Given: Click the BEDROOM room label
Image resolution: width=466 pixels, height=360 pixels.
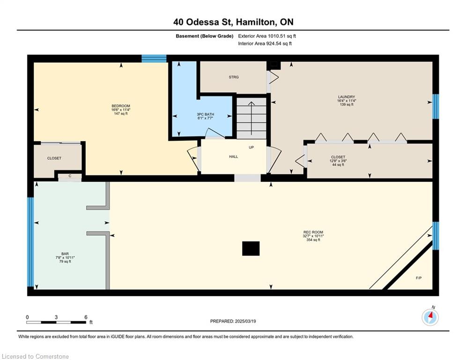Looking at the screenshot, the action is pyautogui.click(x=121, y=106).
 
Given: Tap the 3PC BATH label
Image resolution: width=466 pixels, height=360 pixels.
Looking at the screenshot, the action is pyautogui.click(x=205, y=114).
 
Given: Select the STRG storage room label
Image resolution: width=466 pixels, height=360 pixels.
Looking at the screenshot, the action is pyautogui.click(x=234, y=77).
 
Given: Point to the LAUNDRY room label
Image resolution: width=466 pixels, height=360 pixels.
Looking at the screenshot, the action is pyautogui.click(x=347, y=97).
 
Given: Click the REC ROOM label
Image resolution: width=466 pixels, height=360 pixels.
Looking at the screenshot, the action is pyautogui.click(x=313, y=232).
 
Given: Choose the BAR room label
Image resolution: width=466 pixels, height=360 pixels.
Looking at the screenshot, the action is pyautogui.click(x=65, y=254).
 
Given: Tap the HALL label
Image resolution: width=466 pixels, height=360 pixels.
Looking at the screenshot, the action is pyautogui.click(x=233, y=157).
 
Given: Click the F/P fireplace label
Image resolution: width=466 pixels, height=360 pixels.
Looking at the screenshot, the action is pyautogui.click(x=418, y=278).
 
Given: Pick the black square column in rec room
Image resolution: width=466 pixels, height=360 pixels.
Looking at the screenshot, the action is pyautogui.click(x=251, y=248).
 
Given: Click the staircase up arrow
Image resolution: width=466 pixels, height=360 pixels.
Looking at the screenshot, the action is pyautogui.click(x=251, y=118).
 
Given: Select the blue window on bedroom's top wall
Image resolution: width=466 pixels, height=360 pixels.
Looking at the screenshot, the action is pyautogui.click(x=154, y=58).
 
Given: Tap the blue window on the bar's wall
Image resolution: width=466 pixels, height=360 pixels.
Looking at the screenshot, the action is pyautogui.click(x=30, y=242).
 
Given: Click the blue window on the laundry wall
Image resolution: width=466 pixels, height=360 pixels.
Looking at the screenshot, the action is pyautogui.click(x=436, y=106).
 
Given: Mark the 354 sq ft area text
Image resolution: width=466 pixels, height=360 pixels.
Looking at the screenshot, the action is pyautogui.click(x=313, y=240).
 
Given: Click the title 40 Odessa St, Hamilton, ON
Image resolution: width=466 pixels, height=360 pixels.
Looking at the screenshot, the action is pyautogui.click(x=233, y=22).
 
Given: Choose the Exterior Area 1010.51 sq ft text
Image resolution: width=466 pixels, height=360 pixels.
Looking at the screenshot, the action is pyautogui.click(x=267, y=36).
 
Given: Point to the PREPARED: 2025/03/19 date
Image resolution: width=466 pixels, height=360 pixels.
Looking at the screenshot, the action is pyautogui.click(x=233, y=321).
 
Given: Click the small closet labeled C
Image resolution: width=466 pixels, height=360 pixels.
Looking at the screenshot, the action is pyautogui.click(x=70, y=176).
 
